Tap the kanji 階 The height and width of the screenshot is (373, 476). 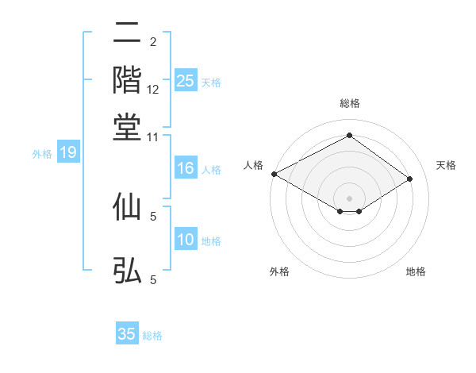point(127,79)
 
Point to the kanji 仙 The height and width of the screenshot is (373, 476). point(127,206)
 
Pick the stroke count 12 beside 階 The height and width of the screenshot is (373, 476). point(153,90)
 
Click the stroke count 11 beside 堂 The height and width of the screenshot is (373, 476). point(153,137)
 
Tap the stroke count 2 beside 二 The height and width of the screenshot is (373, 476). point(153,41)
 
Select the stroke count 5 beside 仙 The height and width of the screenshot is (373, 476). point(153,215)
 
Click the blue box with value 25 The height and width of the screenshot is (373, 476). point(185,81)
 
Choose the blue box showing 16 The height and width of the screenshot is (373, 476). point(185,168)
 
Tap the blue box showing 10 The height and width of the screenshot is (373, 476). point(185,240)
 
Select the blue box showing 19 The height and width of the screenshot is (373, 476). point(68,153)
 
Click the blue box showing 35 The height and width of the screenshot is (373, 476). point(127,334)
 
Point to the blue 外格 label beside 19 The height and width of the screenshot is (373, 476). point(42,154)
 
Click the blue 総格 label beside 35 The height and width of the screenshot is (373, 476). point(152,335)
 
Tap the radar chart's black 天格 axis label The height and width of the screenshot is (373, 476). point(446,165)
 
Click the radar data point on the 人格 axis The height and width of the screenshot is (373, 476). point(274,174)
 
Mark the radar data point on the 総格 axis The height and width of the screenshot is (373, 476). point(349,136)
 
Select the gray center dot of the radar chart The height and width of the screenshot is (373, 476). point(349,198)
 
